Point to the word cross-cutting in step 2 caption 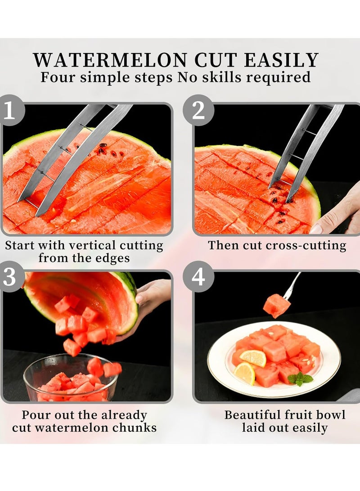[306, 246]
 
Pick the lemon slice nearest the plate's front [244, 373]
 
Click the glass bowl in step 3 [70, 378]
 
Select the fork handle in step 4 [293, 284]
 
